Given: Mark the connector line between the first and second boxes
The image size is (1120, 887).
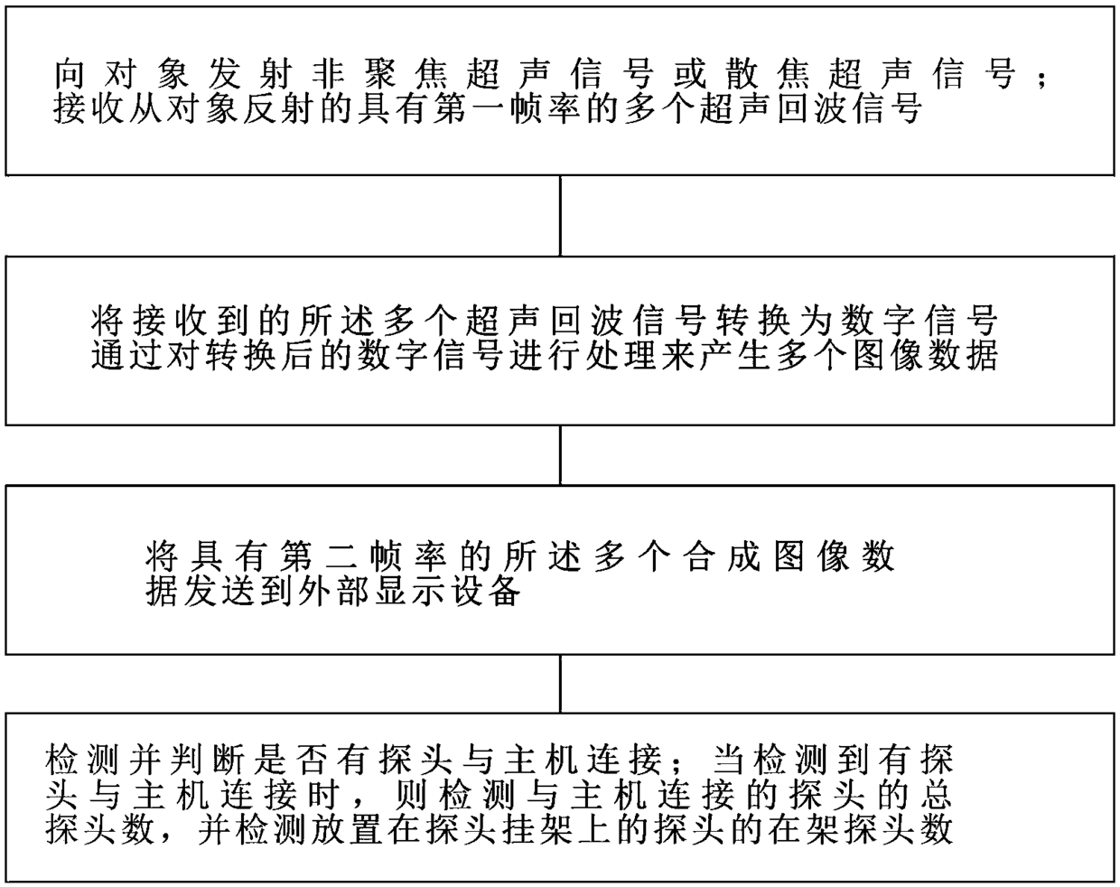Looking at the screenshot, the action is (x=560, y=217).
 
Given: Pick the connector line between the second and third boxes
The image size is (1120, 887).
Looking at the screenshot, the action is (x=560, y=455).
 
